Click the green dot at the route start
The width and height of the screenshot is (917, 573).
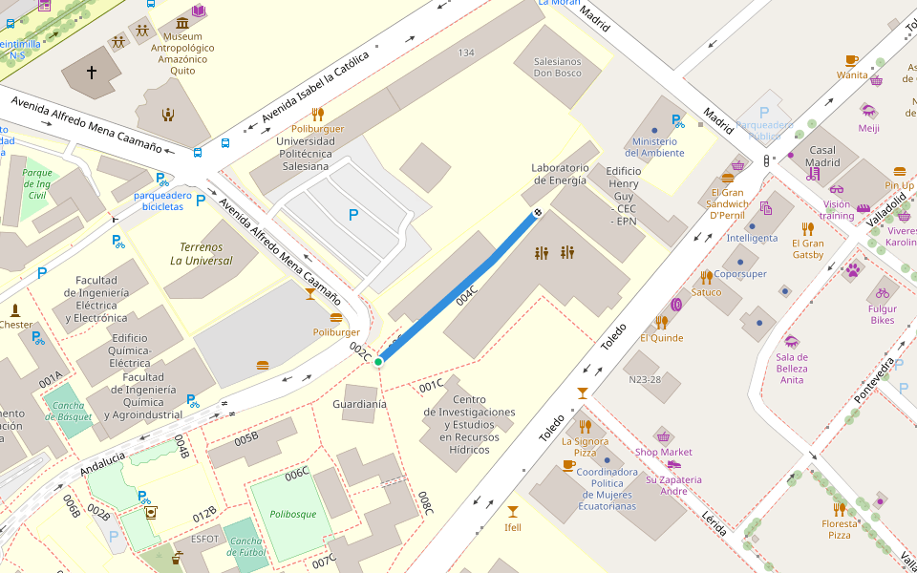378,361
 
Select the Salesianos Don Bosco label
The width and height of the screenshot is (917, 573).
557,67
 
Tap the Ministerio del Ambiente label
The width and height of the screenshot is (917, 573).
654,147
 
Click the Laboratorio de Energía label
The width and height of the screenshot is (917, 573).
560,174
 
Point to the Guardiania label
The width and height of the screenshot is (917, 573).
359,404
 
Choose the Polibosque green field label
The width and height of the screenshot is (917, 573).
292,514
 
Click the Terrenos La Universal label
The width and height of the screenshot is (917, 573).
202,254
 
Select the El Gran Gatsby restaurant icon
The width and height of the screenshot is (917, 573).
807,228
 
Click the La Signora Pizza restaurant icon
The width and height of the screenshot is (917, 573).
586,426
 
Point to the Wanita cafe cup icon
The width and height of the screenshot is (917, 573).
852,60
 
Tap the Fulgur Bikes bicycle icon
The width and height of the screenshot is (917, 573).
882,293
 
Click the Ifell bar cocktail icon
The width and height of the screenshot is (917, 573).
513,511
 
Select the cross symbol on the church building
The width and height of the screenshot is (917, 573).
92,72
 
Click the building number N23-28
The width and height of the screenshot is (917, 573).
645,379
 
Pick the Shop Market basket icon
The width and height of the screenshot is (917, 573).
663,436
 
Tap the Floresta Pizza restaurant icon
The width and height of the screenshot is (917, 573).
839,508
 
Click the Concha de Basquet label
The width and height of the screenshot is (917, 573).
69,411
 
